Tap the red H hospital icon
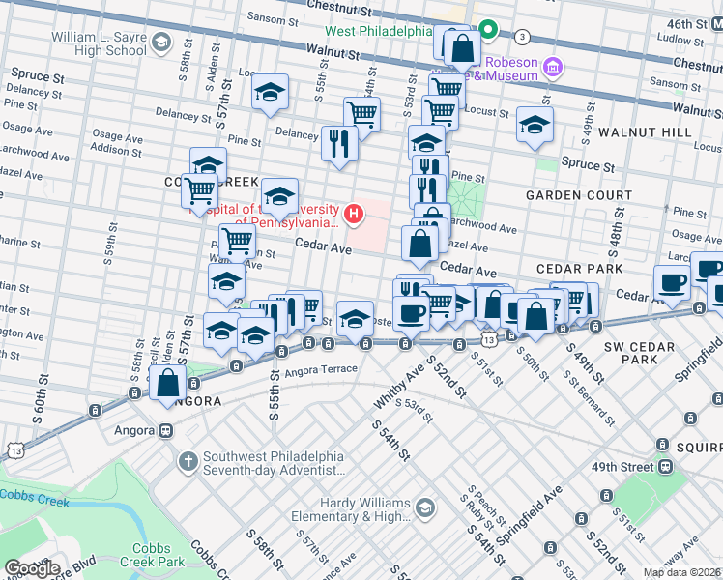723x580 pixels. pos(355,214)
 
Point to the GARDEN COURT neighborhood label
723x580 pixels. pos(578,195)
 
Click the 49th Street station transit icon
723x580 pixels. pos(664,466)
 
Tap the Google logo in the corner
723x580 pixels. pos(31,568)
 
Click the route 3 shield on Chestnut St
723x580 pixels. pos(523,37)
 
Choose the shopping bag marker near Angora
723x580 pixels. pos(167,383)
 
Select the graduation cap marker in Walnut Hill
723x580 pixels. pos(534,124)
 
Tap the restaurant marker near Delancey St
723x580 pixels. pos(338,144)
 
